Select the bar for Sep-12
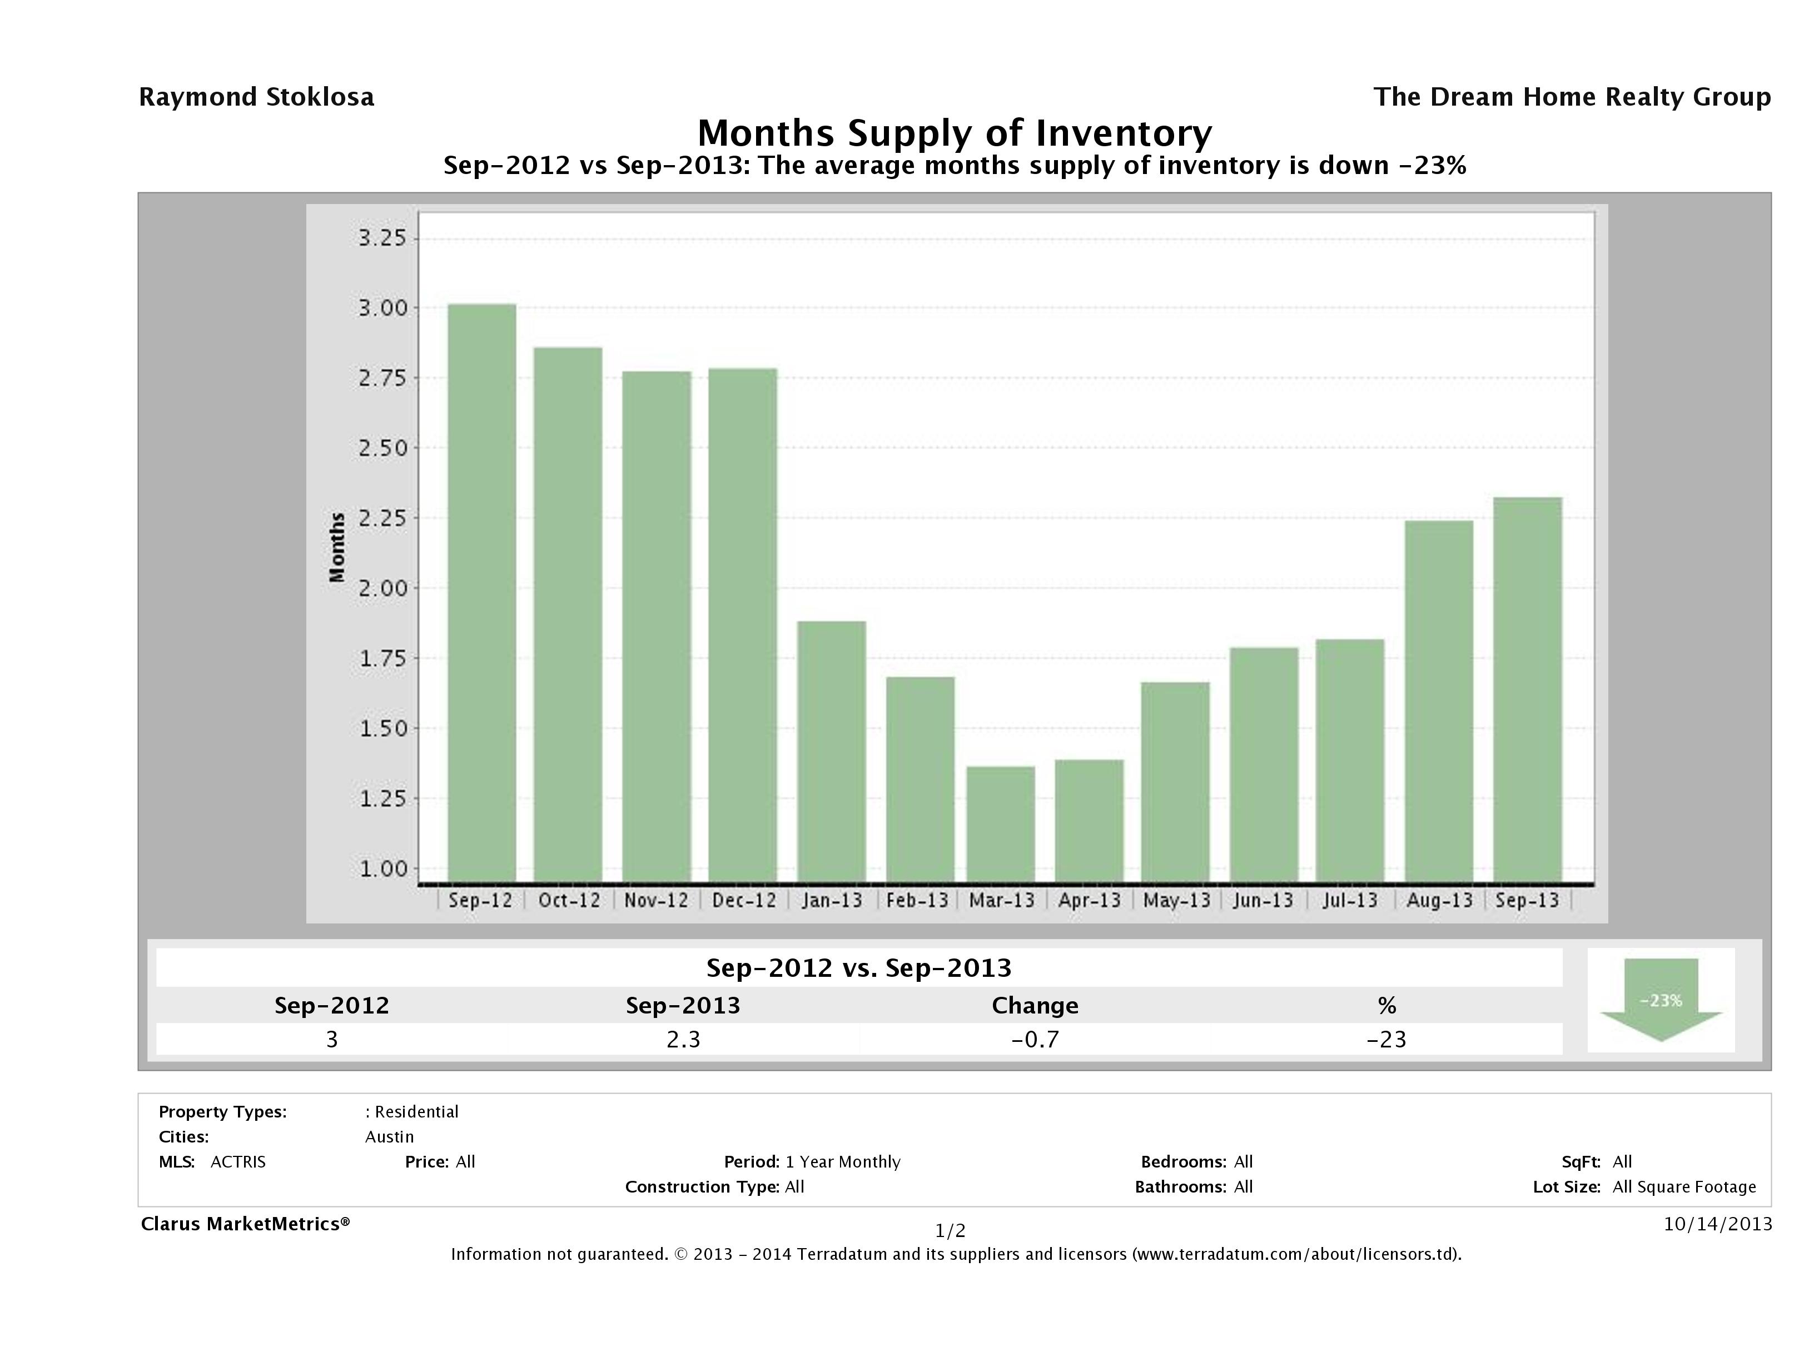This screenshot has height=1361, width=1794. point(482,593)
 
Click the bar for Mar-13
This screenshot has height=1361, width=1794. point(1001,824)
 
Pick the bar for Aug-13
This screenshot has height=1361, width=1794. point(1439,702)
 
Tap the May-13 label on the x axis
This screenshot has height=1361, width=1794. point(1177,900)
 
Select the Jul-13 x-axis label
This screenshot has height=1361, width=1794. point(1350,900)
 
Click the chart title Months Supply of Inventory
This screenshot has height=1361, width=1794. point(955,133)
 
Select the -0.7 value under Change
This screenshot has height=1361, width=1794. point(1035,1039)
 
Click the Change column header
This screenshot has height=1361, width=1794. point(1035,1006)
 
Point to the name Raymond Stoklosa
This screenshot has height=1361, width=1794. point(256,97)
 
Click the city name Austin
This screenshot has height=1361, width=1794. point(389,1137)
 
